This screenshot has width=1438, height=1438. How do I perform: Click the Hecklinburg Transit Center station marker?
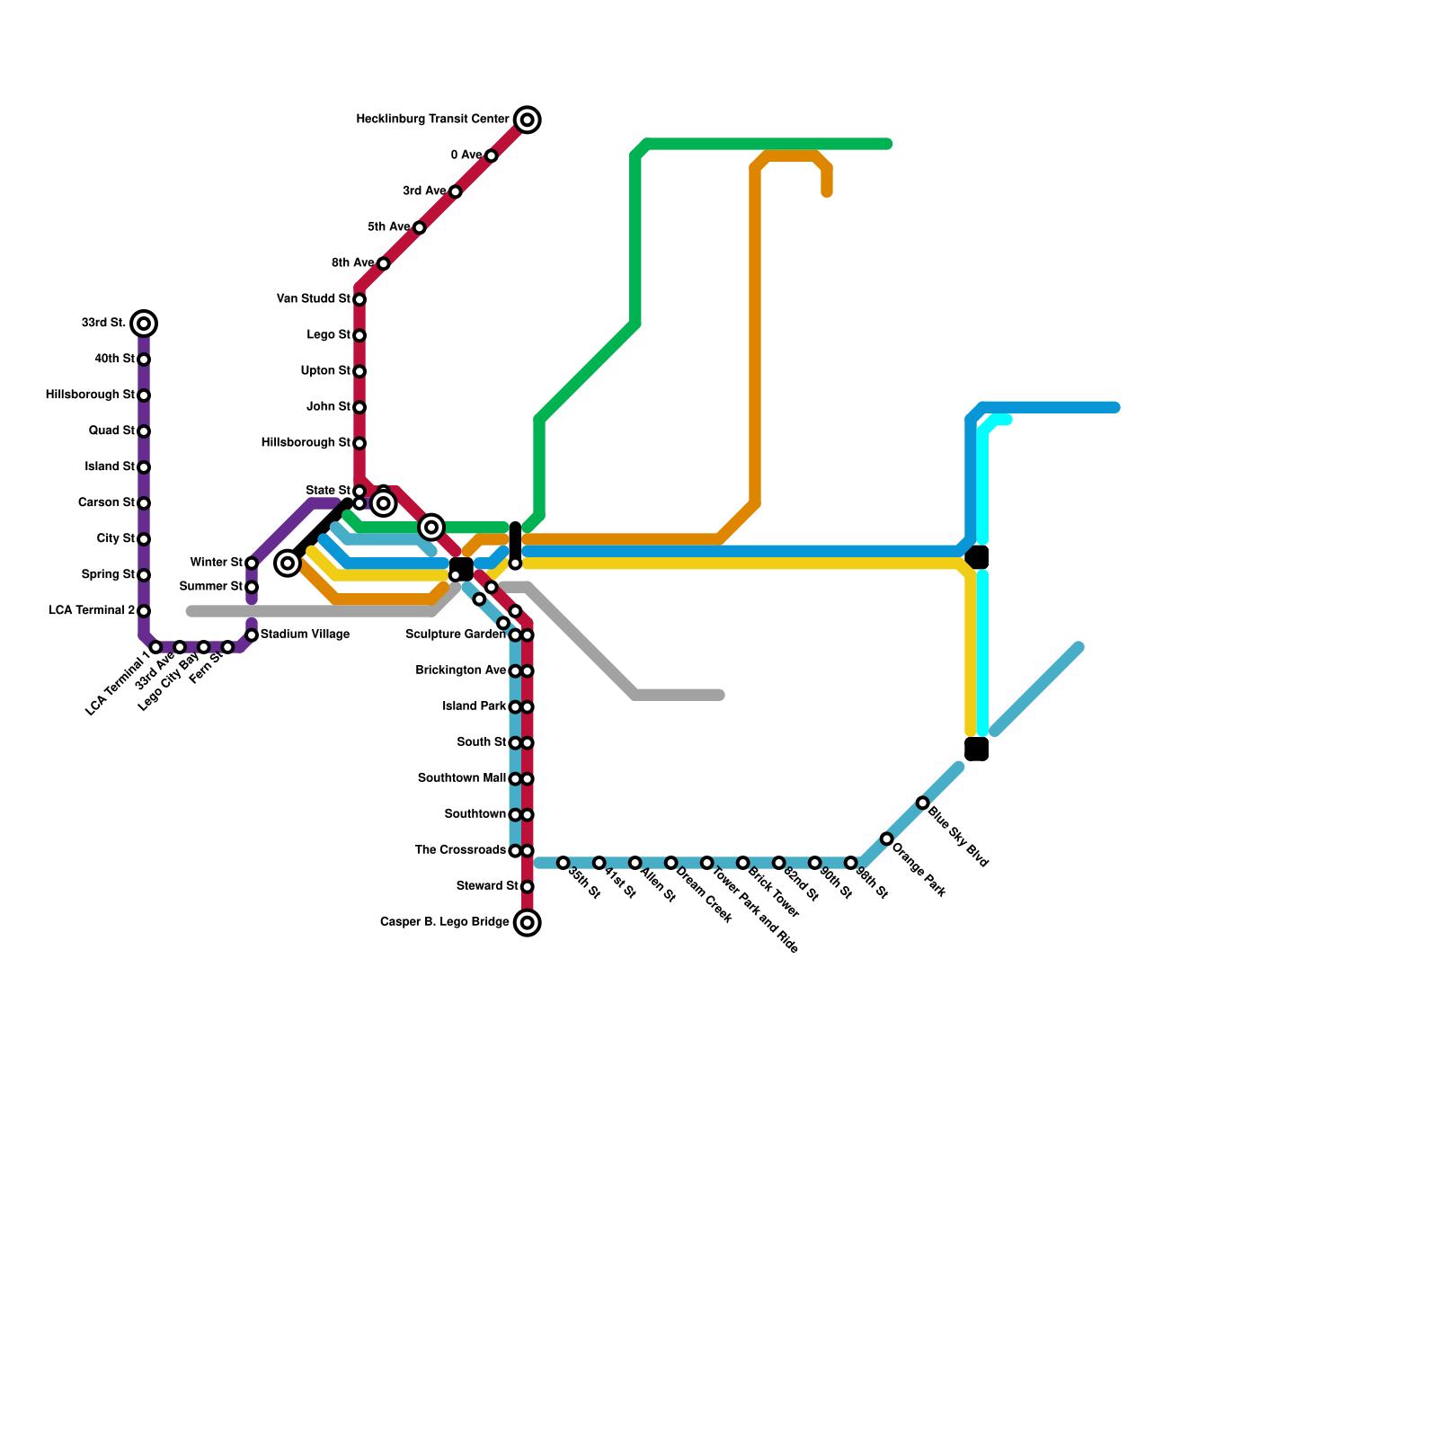point(528,120)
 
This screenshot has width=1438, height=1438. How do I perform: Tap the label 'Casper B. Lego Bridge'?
point(445,922)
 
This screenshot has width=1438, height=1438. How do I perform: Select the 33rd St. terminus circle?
point(144,324)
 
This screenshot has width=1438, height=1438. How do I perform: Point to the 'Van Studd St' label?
point(314,299)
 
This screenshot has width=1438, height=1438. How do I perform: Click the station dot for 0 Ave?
point(491,156)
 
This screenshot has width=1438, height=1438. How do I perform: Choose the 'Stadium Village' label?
point(305,635)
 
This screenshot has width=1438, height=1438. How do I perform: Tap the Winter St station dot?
point(252,564)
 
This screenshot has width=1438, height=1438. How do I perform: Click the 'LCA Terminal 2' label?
point(92,611)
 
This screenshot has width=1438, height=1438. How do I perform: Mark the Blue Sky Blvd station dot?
point(922,803)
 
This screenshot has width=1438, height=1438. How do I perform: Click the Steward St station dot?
point(528,887)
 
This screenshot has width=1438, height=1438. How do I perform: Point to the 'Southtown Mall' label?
point(462,778)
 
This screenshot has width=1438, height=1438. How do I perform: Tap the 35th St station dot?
point(564,863)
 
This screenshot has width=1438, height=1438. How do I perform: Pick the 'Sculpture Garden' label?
point(456,635)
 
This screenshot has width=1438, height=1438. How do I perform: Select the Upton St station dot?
point(359,372)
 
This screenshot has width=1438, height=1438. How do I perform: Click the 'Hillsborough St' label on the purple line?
point(90,395)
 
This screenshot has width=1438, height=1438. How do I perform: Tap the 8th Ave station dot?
point(384,263)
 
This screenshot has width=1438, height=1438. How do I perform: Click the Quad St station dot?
point(144,431)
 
